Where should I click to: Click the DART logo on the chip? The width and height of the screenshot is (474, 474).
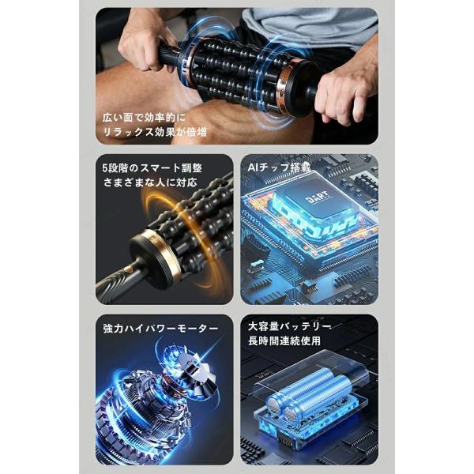[317, 197]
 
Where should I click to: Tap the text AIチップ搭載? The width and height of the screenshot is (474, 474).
[279, 167]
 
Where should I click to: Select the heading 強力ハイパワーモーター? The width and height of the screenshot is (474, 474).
[160, 329]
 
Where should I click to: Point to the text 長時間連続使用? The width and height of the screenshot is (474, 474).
[284, 340]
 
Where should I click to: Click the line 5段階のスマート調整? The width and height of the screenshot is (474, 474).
[152, 168]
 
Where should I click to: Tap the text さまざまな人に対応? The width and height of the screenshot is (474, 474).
[150, 182]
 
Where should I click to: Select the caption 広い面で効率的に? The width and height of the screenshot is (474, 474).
[145, 118]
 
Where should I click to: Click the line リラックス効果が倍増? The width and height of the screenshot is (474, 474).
[155, 132]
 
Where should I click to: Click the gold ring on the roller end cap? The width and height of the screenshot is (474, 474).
[164, 253]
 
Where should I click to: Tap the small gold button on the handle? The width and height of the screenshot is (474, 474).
[129, 269]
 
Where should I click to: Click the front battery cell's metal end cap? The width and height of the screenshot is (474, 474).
[273, 405]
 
